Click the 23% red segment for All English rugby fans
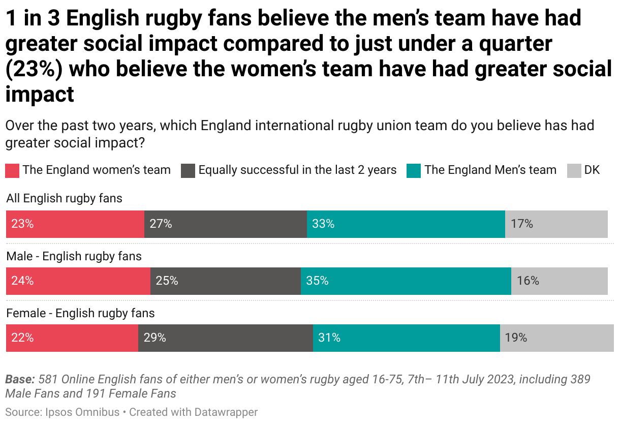point(75,224)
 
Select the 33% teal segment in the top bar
point(406,224)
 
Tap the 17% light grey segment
point(556,224)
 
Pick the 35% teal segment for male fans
point(406,281)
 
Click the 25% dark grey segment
point(225,281)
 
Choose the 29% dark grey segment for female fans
point(225,338)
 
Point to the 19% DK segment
point(556,338)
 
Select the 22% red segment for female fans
point(72,338)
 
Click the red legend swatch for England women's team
point(12,170)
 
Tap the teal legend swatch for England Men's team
point(414,170)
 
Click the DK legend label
point(592,170)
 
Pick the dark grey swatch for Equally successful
point(188,170)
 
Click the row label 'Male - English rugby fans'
point(74,256)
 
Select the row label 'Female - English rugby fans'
point(80,313)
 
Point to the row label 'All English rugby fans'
point(64,198)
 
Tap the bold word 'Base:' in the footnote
point(20,379)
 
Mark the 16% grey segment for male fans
point(559,281)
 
